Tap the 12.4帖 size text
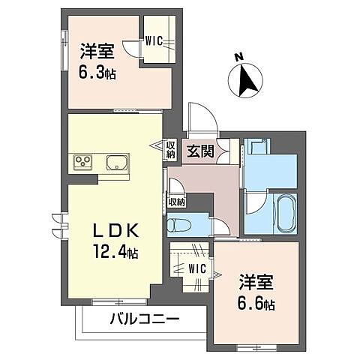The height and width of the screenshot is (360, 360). [114, 250]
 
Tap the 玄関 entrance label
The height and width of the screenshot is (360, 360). [201, 149]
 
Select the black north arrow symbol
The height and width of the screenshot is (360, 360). [246, 80]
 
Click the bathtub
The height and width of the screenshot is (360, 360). [285, 212]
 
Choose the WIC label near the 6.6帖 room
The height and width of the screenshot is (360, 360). [196, 267]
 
